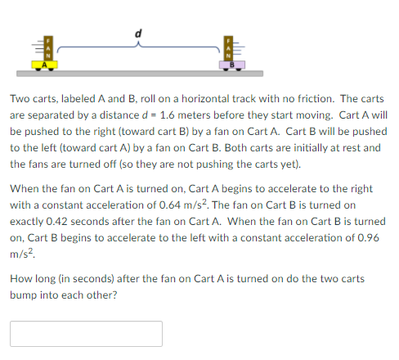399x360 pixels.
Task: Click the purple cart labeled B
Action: coord(231,63)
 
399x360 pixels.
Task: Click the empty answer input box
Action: coord(86,334)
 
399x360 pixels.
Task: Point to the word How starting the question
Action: coord(20,279)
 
